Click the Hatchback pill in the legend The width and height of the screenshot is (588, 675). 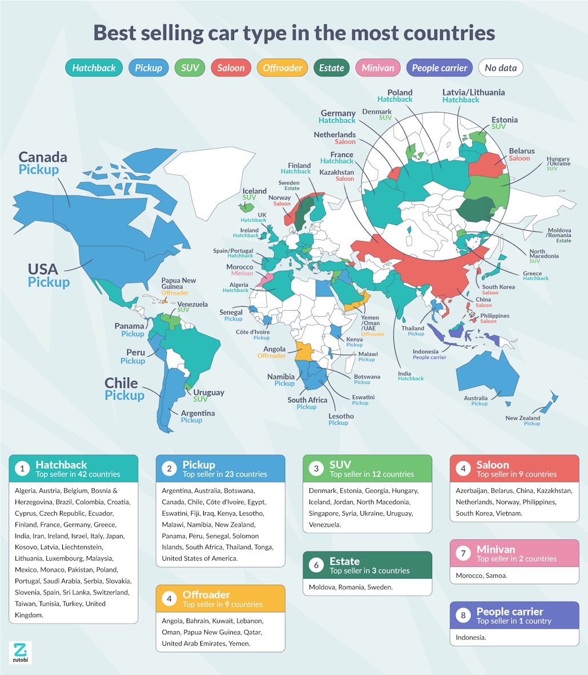coord(94,68)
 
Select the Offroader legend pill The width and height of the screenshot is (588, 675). coord(283,68)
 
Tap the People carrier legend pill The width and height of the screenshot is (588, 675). coord(440,68)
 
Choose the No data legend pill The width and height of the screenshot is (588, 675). coord(501,68)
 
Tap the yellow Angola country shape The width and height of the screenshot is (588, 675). coord(304,352)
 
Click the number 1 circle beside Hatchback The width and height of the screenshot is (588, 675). coord(22,469)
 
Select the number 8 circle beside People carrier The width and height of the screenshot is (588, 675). coord(463,616)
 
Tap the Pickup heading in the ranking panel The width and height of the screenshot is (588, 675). coord(199,465)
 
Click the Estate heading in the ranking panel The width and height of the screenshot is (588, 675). coord(344,561)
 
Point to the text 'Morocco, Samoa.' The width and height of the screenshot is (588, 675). coord(481,575)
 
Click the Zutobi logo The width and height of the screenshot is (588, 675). coord(20,652)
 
